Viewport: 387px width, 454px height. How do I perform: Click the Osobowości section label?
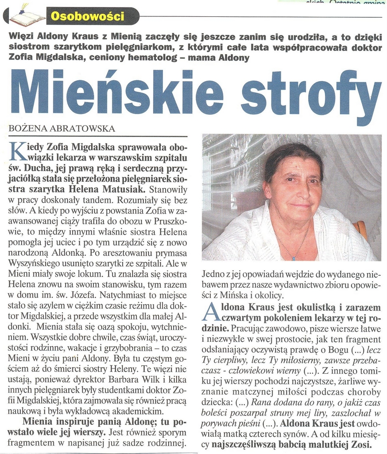click(87, 17)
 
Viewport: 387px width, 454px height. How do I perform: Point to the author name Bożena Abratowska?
click(62, 129)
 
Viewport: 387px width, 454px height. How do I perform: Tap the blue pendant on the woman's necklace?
click(293, 257)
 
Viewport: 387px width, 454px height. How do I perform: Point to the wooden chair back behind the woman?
click(361, 229)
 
